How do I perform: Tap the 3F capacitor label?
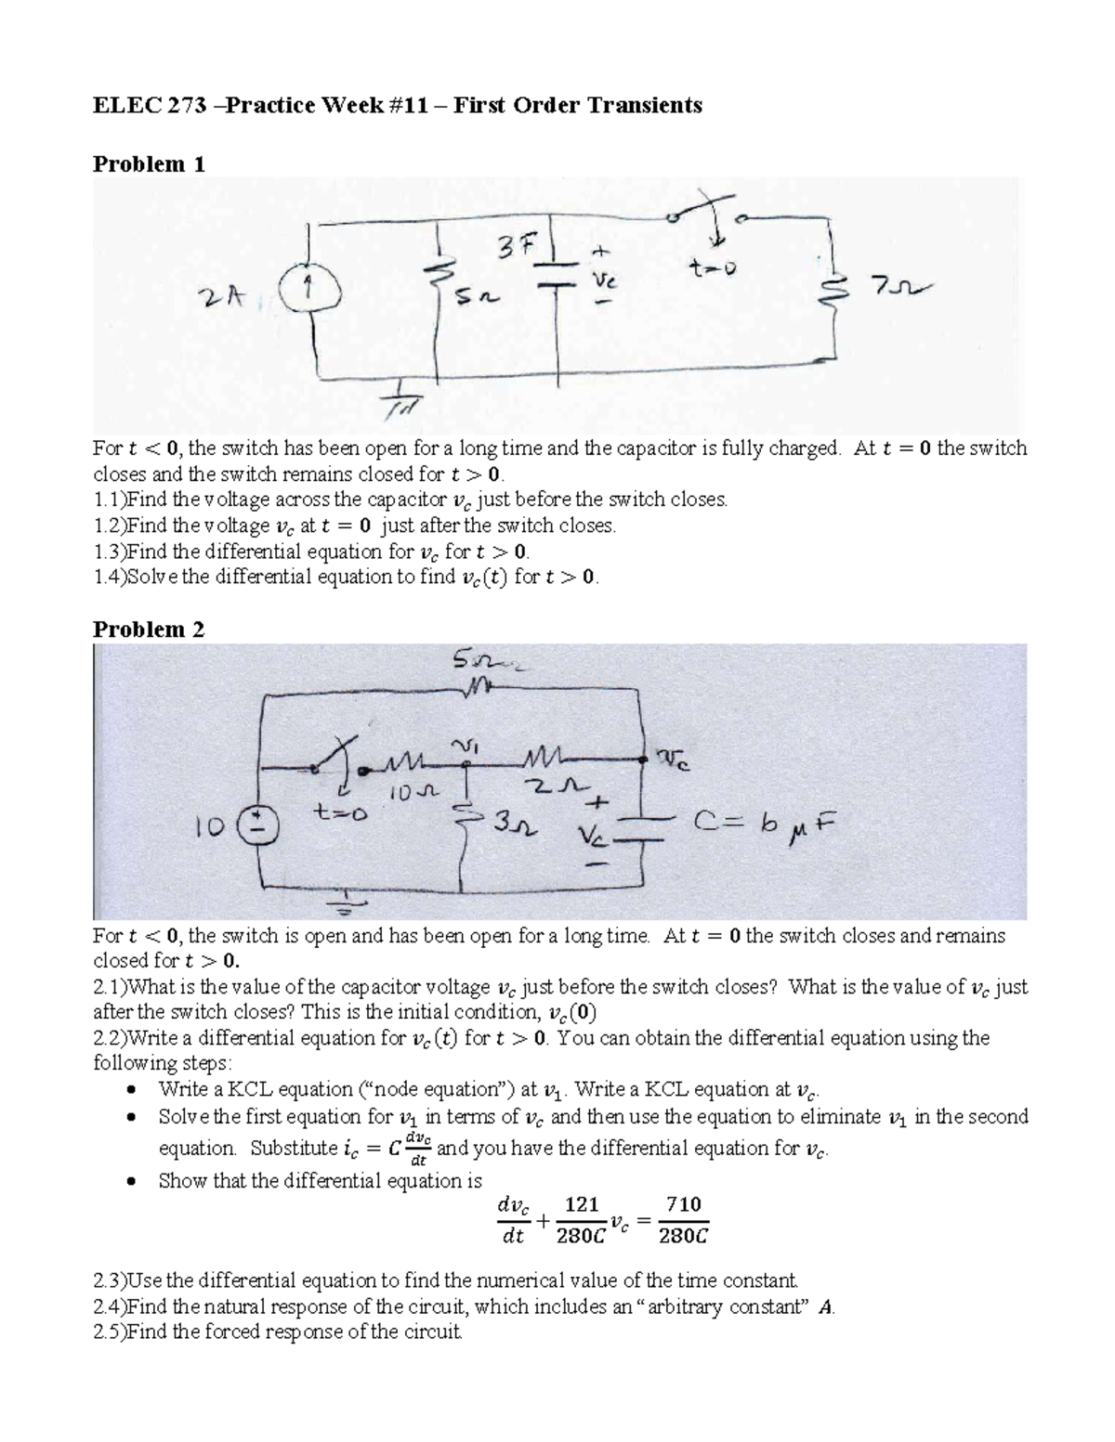(x=516, y=246)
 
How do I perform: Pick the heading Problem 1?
(x=149, y=164)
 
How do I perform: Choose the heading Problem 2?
(x=149, y=629)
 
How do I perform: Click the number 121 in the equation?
(x=581, y=1204)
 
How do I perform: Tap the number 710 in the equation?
(x=683, y=1204)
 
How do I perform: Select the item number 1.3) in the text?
(x=109, y=551)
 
